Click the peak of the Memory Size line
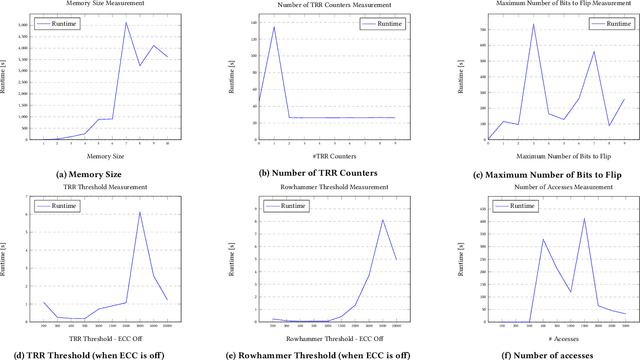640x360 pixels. click(126, 23)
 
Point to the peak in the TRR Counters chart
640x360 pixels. click(274, 27)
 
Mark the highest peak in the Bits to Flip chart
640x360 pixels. click(533, 25)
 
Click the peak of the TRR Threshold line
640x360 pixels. click(139, 212)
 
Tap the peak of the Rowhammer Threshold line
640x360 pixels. click(382, 220)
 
